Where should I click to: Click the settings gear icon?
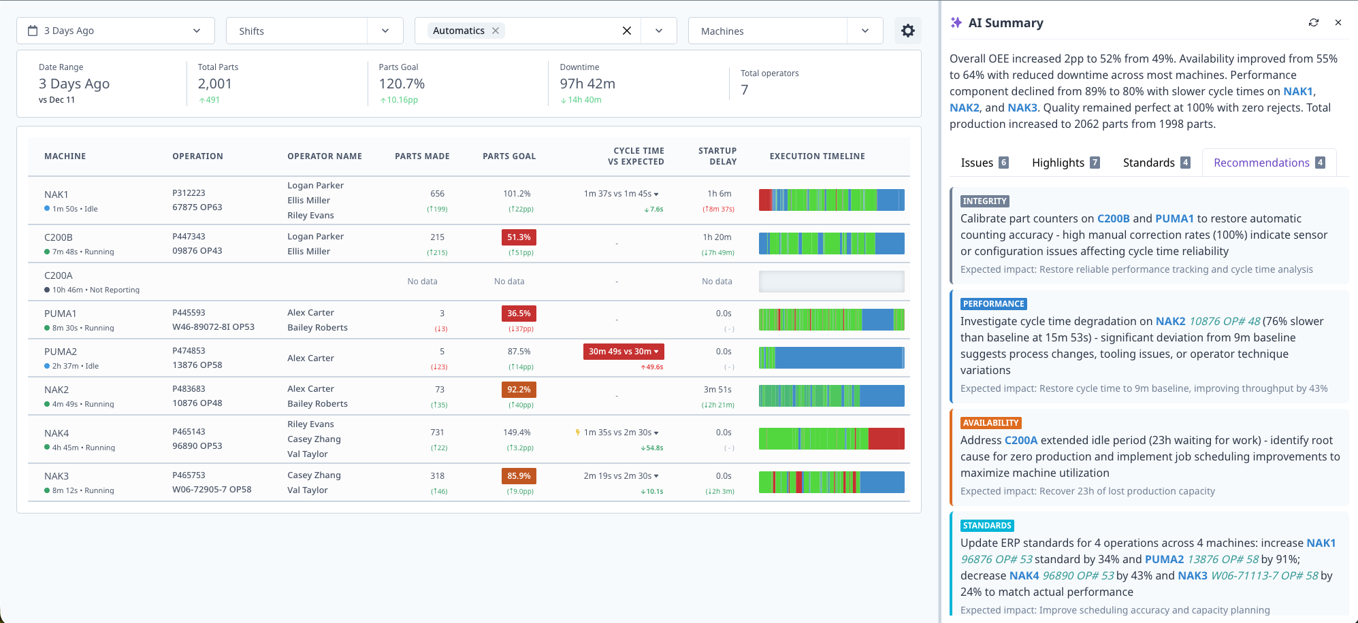pos(907,31)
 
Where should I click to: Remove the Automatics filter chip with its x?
pos(496,31)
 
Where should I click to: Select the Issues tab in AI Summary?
pos(984,163)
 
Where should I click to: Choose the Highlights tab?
pos(1065,163)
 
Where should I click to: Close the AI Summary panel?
pos(1338,22)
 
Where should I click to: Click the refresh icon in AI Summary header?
pos(1313,22)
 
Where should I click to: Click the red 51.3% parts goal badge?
pos(519,237)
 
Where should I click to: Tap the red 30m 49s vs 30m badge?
pos(624,352)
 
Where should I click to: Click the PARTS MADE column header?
pos(422,156)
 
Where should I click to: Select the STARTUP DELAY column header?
pos(717,156)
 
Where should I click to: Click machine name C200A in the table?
pos(59,275)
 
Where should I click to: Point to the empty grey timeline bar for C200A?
pos(831,282)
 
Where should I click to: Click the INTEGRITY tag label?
pos(984,201)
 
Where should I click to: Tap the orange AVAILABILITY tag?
pos(990,423)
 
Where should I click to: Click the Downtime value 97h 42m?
pos(587,84)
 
